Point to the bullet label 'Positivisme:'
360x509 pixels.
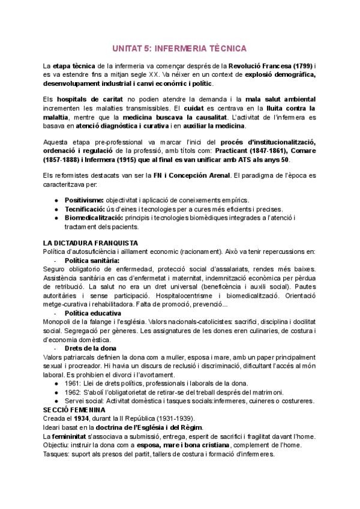(85, 199)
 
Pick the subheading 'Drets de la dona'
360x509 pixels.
(89, 348)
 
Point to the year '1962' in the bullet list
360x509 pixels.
(73, 392)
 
